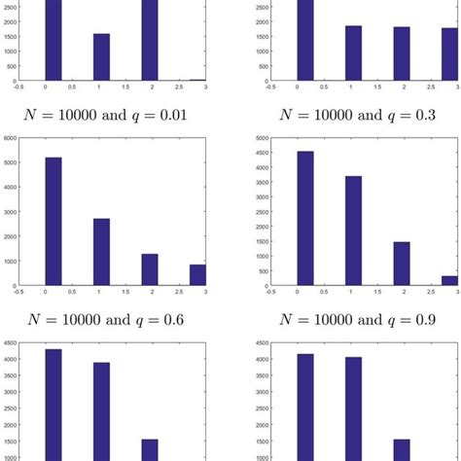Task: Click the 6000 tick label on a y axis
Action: point(9,138)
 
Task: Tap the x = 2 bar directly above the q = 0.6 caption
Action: point(149,269)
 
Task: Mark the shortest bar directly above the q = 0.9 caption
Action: point(448,280)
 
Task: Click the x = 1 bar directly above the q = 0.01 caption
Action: point(101,57)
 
